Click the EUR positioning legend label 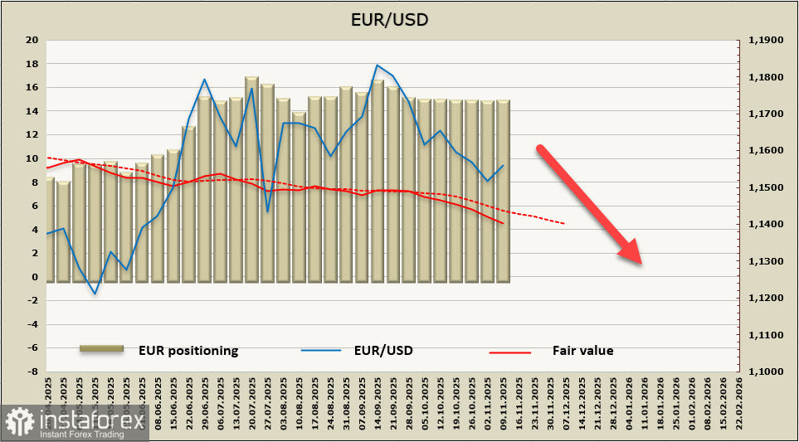[188, 351]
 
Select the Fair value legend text [582, 351]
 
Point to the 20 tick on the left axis [32, 40]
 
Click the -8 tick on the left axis [32, 372]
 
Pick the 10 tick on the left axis [32, 158]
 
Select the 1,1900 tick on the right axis [766, 40]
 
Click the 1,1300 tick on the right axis [766, 261]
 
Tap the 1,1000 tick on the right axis [766, 372]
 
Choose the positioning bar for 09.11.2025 [503, 191]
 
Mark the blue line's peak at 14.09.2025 [378, 65]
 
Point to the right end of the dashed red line [565, 223]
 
